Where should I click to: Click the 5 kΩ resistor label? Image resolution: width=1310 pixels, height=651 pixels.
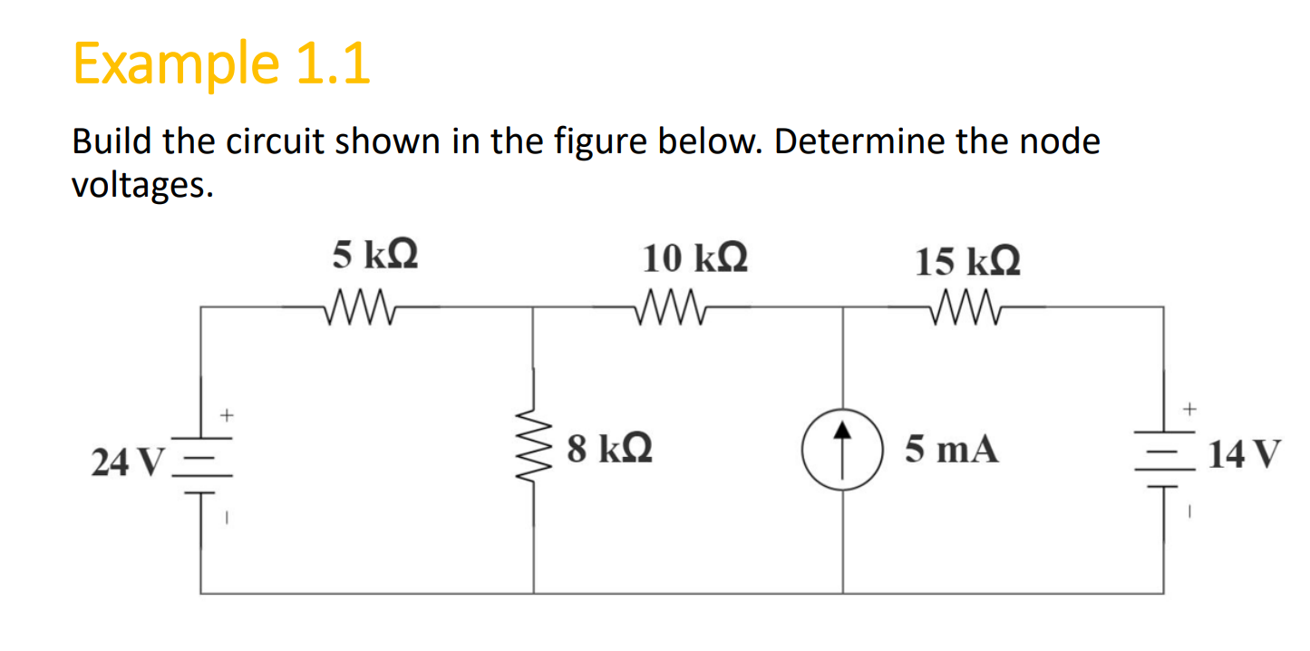(x=374, y=255)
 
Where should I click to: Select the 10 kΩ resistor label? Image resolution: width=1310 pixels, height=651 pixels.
(x=695, y=258)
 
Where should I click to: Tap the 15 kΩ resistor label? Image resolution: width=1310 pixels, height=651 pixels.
(x=967, y=261)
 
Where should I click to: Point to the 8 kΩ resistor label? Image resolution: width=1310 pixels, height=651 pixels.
(x=609, y=448)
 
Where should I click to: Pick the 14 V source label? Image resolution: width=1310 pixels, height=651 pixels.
(x=1245, y=452)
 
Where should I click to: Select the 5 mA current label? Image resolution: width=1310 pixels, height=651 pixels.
(x=952, y=449)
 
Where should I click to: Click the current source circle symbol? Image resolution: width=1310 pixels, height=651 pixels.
(x=843, y=450)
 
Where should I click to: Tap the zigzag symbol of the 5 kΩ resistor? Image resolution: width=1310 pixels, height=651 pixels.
(x=361, y=306)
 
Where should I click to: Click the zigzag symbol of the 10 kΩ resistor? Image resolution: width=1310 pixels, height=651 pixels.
(x=673, y=306)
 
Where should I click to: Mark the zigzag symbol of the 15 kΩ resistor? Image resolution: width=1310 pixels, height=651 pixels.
(x=967, y=306)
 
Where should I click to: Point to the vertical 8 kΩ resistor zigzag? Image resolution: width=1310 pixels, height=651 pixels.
(x=532, y=447)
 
